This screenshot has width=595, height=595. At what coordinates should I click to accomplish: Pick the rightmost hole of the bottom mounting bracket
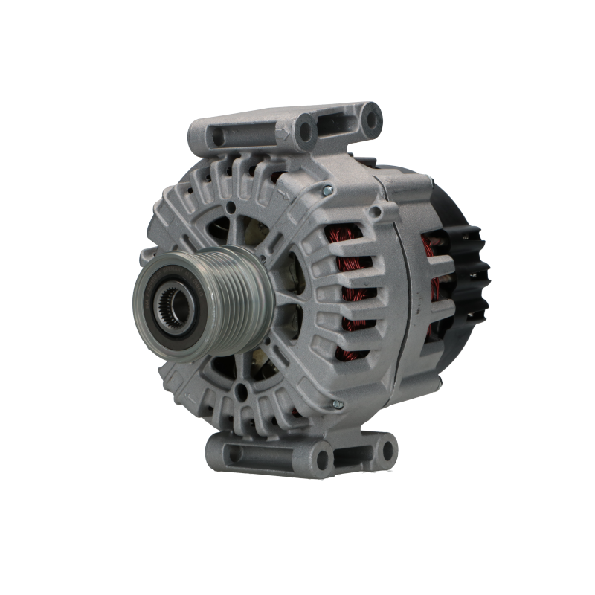coord(387,451)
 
